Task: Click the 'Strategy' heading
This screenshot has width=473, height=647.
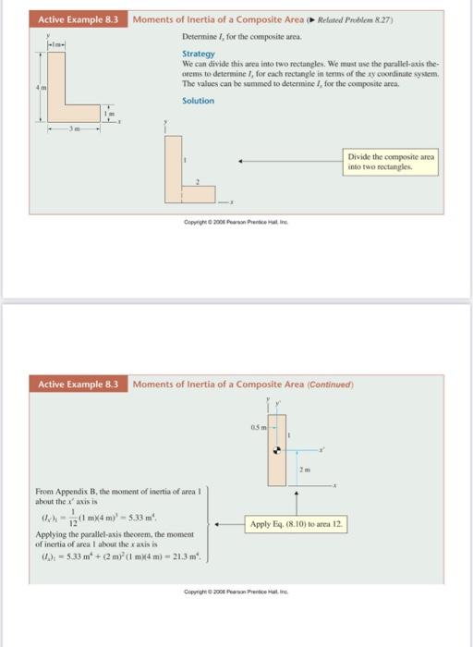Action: coord(196,54)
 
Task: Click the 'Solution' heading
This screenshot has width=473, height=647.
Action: coord(198,100)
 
